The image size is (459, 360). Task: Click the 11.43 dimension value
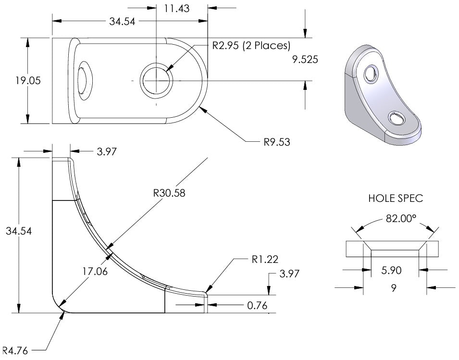tap(176, 9)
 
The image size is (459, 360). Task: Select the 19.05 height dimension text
tap(28, 80)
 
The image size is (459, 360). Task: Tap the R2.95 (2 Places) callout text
tap(251, 46)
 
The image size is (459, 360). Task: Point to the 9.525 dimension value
tap(305, 60)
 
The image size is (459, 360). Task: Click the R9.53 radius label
tap(277, 142)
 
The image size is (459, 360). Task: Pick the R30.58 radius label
tap(169, 193)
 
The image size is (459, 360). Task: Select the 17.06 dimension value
tap(95, 272)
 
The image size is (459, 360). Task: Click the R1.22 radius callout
tap(265, 260)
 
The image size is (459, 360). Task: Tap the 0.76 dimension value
tap(257, 306)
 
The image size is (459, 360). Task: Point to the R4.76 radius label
tap(15, 350)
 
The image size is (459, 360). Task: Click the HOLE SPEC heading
tap(396, 199)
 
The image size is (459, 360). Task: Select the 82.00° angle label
tap(401, 218)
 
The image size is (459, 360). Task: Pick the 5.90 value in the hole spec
tap(391, 271)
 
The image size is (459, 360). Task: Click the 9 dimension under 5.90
tap(394, 288)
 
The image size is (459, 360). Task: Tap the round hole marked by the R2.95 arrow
tap(156, 80)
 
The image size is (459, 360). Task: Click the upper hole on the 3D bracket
tap(371, 74)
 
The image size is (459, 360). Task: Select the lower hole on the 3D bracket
tap(397, 118)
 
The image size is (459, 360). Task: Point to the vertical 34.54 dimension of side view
tap(19, 231)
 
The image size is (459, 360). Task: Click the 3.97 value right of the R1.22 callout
tap(289, 273)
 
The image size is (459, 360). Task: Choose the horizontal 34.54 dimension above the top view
tap(122, 21)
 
